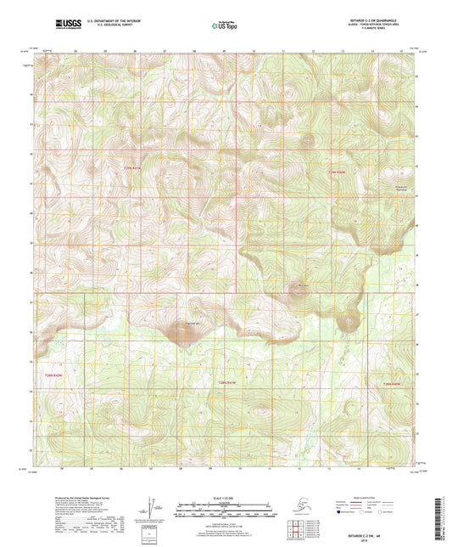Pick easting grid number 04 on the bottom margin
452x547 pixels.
(64, 467)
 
